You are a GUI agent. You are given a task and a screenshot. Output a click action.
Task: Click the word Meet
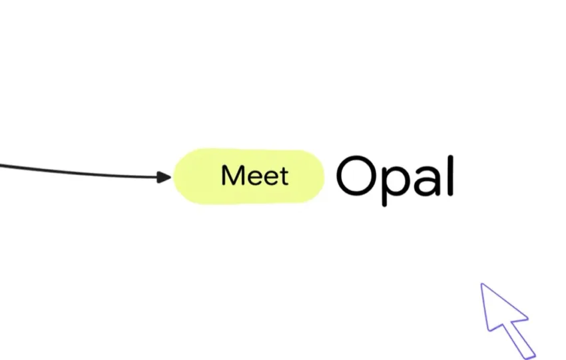[x=255, y=176]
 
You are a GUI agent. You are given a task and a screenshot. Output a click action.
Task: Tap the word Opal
[x=395, y=176]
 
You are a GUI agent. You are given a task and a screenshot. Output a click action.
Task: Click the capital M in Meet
[x=232, y=176]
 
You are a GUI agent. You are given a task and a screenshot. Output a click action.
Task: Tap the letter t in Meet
[x=284, y=176]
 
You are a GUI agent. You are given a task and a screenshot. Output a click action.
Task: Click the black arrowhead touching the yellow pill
[x=164, y=177]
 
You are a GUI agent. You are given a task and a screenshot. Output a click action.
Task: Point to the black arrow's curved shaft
[x=80, y=172]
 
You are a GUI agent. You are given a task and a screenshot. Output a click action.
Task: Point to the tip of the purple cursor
[x=482, y=285]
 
